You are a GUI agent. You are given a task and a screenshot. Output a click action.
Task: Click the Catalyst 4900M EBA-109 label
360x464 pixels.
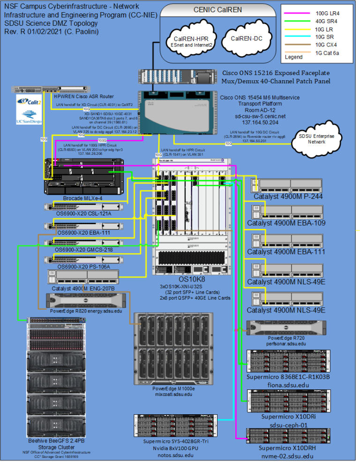(x=286, y=223)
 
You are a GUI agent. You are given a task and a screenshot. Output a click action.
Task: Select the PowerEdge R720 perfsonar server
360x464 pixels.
(x=286, y=327)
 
